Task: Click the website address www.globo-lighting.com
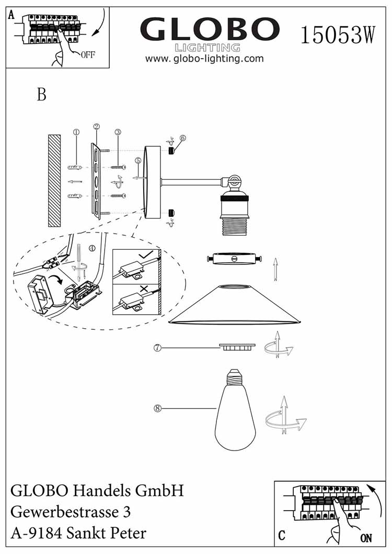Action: (x=204, y=59)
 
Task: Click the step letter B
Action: (x=42, y=95)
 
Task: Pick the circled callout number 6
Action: (x=182, y=138)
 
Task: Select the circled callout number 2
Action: (x=96, y=126)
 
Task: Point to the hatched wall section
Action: (x=54, y=180)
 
